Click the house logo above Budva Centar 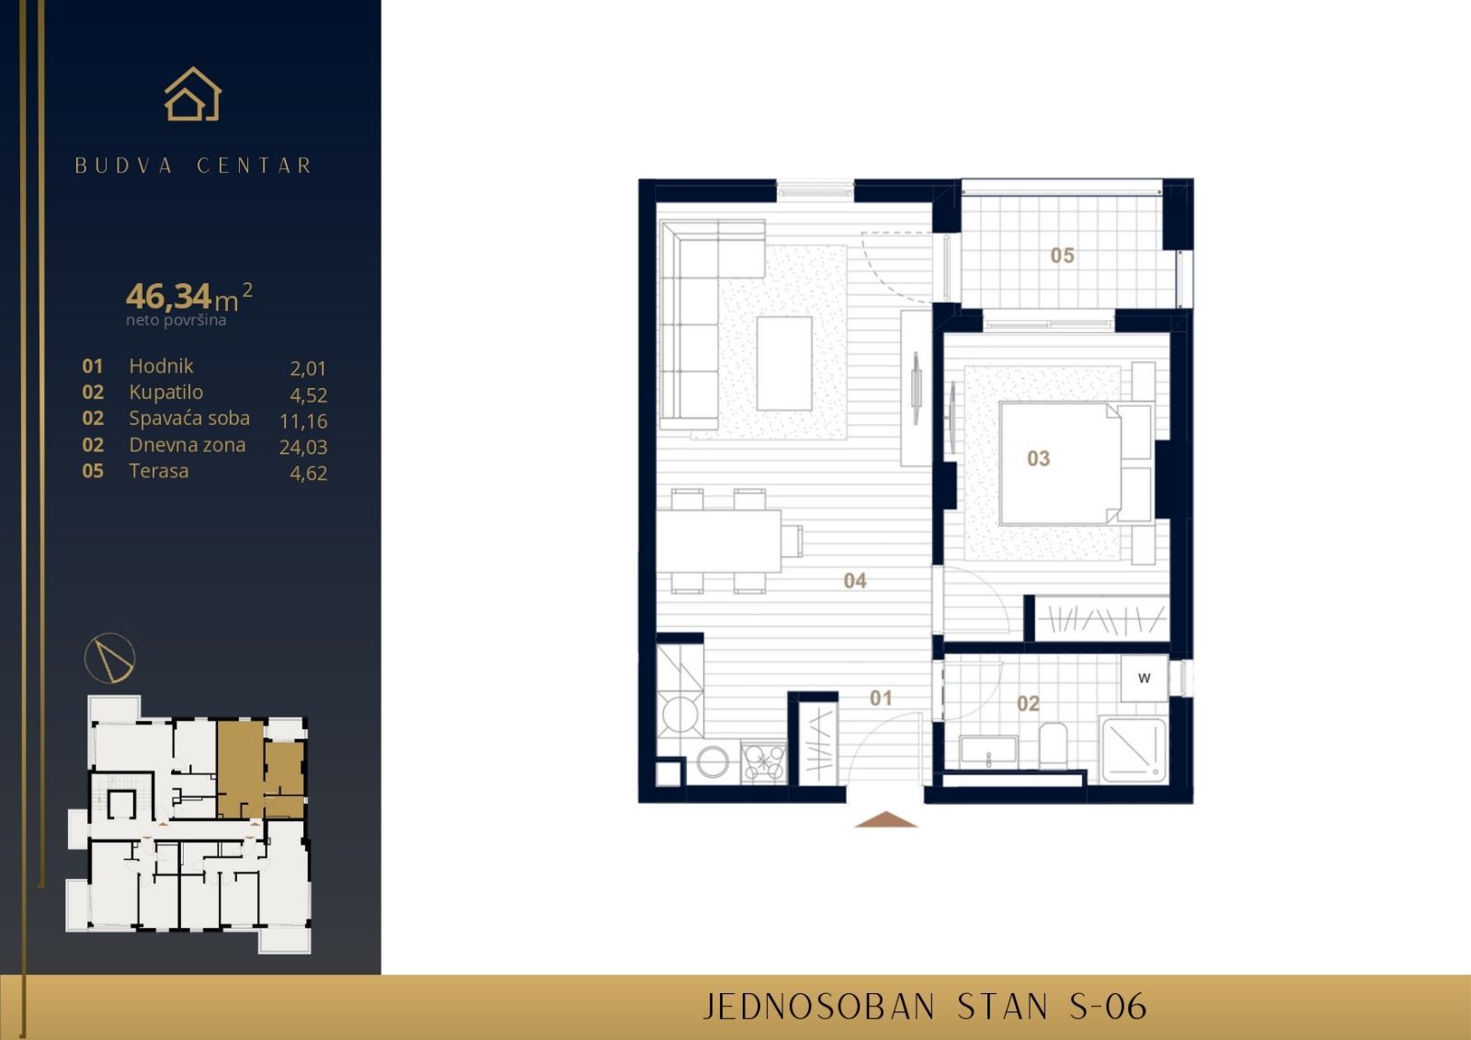(x=193, y=95)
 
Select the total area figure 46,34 (x=169, y=296)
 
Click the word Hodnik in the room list (x=161, y=366)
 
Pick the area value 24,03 (x=303, y=447)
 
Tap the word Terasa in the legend (x=159, y=471)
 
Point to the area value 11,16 (x=303, y=421)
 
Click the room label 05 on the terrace (x=1062, y=256)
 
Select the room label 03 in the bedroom (x=1038, y=458)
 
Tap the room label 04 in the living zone (x=855, y=580)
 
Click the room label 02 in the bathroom (x=1028, y=704)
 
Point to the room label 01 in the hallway (x=881, y=698)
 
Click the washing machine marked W (x=1145, y=679)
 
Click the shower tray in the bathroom (x=1134, y=750)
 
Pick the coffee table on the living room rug (x=784, y=362)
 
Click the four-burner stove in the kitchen (x=764, y=762)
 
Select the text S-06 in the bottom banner (x=1108, y=1007)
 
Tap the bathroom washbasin (x=987, y=751)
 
